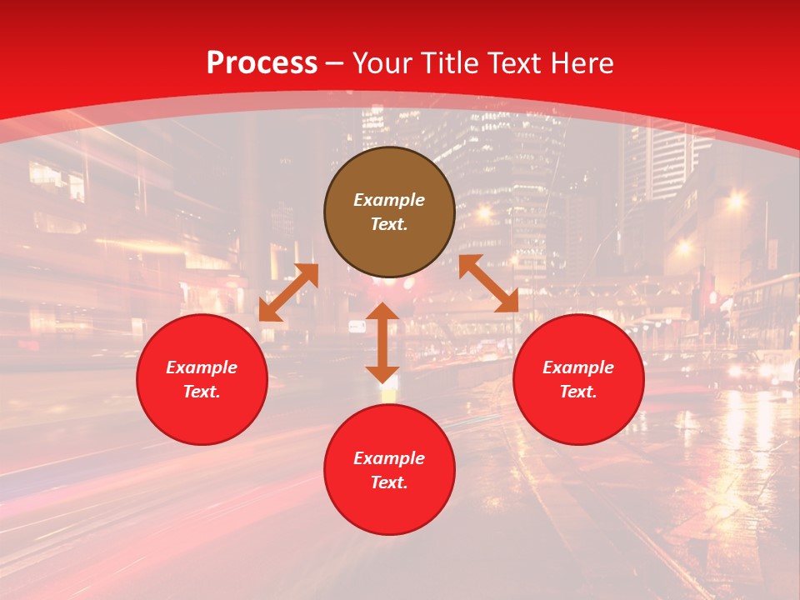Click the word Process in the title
(262, 63)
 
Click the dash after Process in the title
(335, 64)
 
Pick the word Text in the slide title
(516, 63)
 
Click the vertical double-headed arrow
(382, 342)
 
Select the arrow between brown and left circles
(288, 292)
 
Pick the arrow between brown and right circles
(488, 284)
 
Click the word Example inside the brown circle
(389, 200)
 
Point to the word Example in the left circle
(202, 367)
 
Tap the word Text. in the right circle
(578, 392)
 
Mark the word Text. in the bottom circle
(389, 482)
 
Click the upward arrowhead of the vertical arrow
(382, 312)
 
